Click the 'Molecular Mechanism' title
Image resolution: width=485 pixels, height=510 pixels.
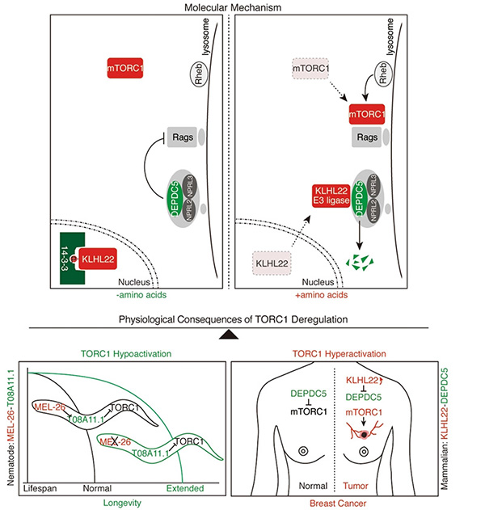coord(243,7)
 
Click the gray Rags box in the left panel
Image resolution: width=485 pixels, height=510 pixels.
coord(179,139)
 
